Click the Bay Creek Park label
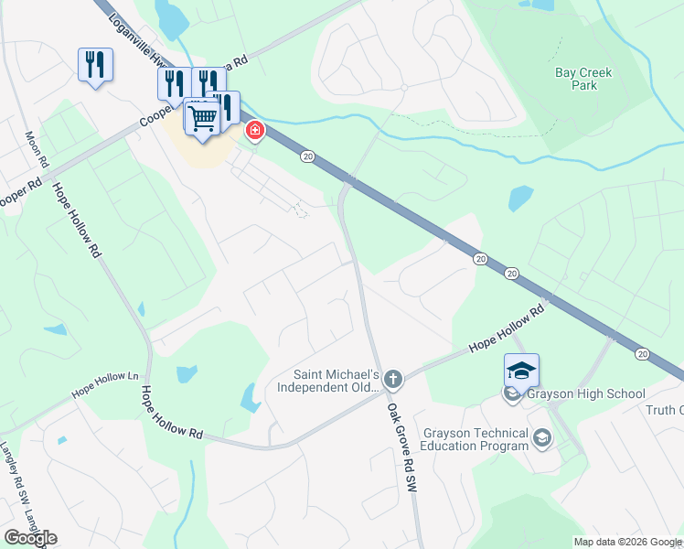tap(582, 79)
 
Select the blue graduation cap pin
tap(521, 371)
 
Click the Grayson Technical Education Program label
tap(475, 439)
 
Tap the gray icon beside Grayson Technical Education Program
tap(542, 439)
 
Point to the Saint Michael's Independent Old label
tap(335, 381)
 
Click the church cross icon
tap(392, 378)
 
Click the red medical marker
tap(253, 132)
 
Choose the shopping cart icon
tap(202, 116)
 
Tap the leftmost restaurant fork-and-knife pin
tap(95, 64)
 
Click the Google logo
tap(30, 538)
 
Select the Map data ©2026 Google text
tap(627, 542)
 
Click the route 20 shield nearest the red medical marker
tap(307, 157)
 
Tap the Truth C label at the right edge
tap(668, 410)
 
